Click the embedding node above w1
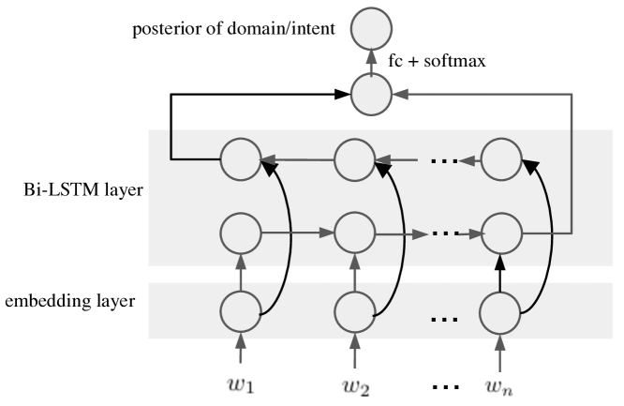241,310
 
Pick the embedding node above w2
353,310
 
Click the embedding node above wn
499,310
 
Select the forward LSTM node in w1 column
241,231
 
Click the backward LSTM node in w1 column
241,159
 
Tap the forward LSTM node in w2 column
353,231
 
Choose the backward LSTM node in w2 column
353,159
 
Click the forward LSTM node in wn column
499,231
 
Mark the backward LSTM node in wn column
499,159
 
